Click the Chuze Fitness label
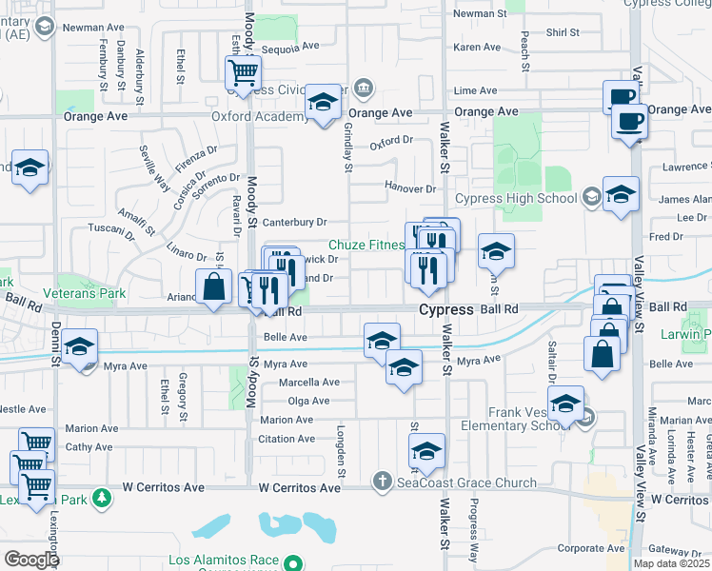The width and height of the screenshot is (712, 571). point(367,245)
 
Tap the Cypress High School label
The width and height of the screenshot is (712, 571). point(515,199)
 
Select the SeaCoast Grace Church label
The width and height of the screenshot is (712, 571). point(466,482)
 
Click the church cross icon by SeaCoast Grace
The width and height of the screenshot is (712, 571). point(383,482)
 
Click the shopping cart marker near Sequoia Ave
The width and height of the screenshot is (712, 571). point(243,71)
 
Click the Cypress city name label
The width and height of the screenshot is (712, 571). point(445,310)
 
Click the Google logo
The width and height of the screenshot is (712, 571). point(31,560)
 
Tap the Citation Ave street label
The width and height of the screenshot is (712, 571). point(285,439)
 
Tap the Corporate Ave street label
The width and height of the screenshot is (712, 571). point(591,548)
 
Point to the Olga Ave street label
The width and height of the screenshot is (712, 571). point(307,402)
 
